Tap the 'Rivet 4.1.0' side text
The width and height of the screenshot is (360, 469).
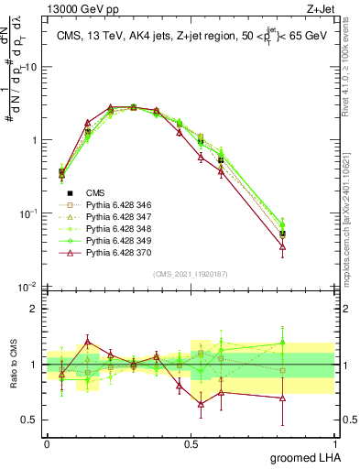[x=351, y=60]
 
